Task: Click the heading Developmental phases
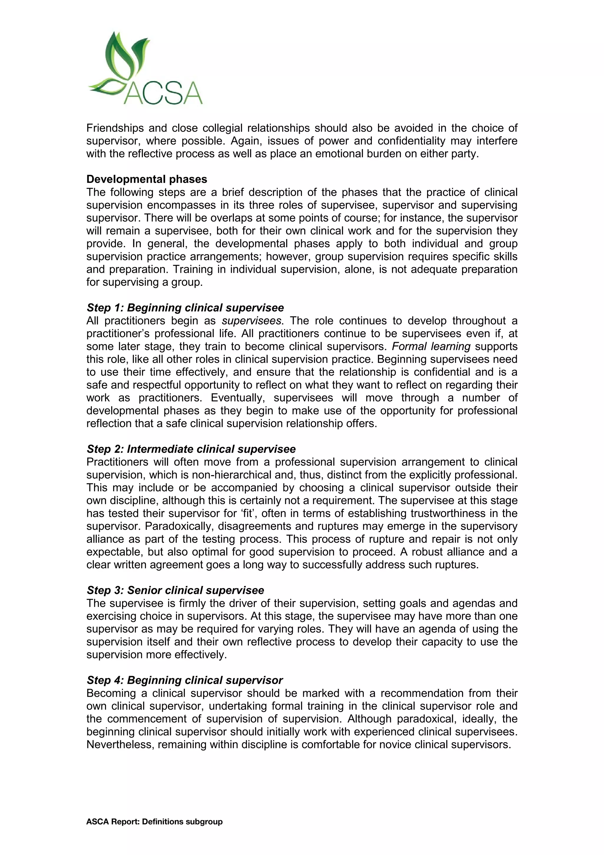pos(147,179)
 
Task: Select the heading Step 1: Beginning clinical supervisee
pos(185,308)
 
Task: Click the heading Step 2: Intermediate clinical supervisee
pos(191,449)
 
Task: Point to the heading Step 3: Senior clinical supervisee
pos(175,590)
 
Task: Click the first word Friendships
pos(114,128)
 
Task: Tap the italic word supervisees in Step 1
pos(251,321)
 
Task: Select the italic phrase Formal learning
pos(431,346)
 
